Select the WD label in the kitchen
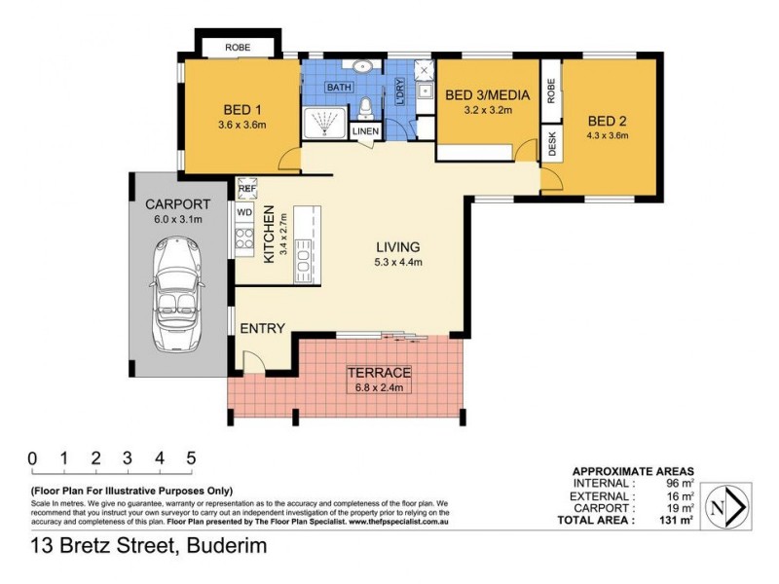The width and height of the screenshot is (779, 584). pos(244,211)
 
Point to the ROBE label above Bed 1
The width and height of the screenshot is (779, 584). pos(238,47)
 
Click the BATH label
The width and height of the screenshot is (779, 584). pos(339,88)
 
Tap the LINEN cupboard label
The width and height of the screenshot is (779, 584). pos(365,130)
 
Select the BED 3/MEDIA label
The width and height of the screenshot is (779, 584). pos(487,95)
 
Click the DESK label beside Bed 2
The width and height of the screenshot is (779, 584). pos(551,145)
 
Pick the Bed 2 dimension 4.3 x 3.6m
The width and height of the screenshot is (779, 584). pos(607,135)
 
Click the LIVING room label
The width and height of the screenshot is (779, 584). pos(399,246)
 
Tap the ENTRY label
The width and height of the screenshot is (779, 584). pos(263,328)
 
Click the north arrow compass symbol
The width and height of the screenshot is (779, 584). pos(725,506)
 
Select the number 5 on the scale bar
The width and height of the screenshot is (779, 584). pos(191,458)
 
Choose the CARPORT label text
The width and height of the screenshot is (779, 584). pos(177,204)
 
